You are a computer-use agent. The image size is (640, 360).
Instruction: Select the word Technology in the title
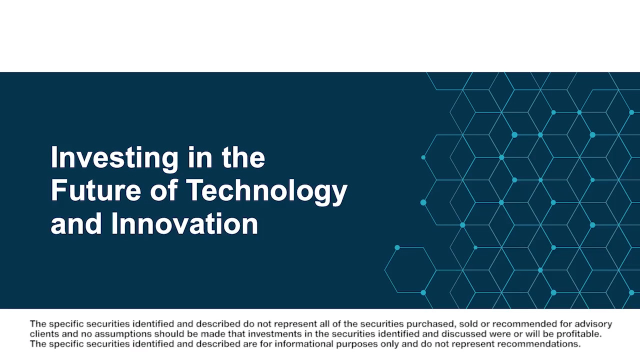tap(268, 191)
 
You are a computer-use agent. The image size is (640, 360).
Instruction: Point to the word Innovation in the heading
tap(184, 223)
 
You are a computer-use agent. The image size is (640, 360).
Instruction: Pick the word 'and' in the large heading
tap(76, 223)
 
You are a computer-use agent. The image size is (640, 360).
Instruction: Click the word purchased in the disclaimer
tap(430, 324)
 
